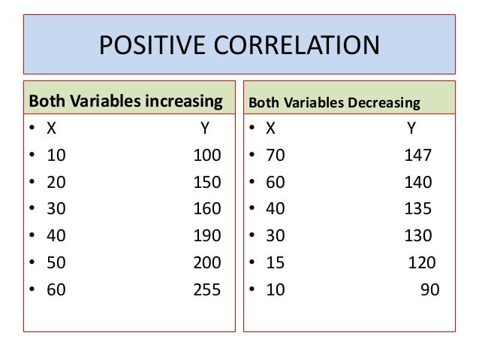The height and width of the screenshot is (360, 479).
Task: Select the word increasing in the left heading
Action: [183, 101]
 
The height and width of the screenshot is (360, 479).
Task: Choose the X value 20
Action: [56, 183]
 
